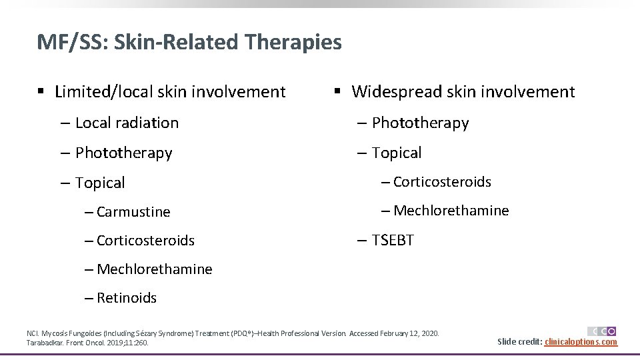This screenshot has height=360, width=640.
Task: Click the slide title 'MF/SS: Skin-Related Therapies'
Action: click(189, 43)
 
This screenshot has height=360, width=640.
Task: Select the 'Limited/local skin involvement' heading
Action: click(170, 91)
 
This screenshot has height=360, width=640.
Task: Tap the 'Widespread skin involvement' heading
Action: click(463, 91)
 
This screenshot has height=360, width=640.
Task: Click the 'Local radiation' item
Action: click(127, 123)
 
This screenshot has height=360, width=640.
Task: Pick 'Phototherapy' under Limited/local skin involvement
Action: click(123, 153)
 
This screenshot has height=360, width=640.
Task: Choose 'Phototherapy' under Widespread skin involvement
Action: click(420, 123)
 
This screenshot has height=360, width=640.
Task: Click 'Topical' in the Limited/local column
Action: click(100, 183)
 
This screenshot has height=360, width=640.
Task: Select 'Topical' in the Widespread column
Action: click(397, 153)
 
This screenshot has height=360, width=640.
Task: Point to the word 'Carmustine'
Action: click(133, 212)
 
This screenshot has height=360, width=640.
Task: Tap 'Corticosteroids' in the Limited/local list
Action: click(145, 240)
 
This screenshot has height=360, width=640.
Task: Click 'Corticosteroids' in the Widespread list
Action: click(442, 182)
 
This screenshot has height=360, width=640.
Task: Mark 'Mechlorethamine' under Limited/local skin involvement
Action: click(154, 269)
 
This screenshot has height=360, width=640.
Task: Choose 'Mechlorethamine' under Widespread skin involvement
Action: click(451, 211)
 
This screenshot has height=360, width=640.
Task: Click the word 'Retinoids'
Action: click(127, 298)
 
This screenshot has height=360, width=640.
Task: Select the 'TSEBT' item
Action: click(393, 240)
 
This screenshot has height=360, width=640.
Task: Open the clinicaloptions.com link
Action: click(581, 342)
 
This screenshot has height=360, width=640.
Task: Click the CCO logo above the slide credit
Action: click(601, 331)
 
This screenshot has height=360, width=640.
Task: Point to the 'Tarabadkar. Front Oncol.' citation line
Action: click(87, 343)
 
